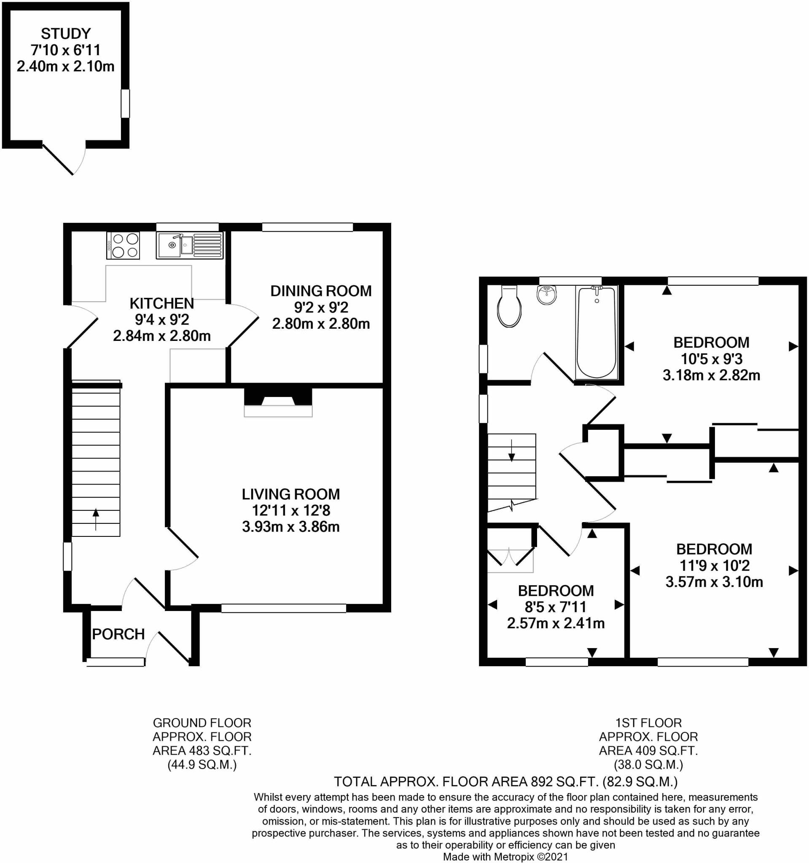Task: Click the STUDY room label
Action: pos(66,33)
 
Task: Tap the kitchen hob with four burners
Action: pos(123,246)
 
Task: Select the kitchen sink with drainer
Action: pos(190,246)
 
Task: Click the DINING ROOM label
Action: pos(321,291)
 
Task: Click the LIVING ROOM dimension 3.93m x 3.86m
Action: pos(290,527)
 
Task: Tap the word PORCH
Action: pos(118,634)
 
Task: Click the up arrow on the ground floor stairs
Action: pos(96,519)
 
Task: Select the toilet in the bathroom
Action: pos(509,307)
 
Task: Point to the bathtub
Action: pos(597,332)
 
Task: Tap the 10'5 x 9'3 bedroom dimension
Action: pos(711,359)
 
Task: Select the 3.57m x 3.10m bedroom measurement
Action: pos(714,582)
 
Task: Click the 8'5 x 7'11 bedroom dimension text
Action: pos(555,607)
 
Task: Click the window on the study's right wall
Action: pos(125,103)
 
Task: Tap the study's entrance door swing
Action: pos(65,158)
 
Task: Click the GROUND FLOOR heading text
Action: pos(202,723)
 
